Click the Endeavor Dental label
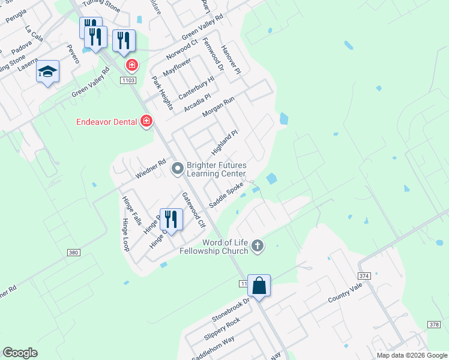pyautogui.click(x=106, y=122)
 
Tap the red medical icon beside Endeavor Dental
pyautogui.click(x=146, y=122)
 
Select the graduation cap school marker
pyautogui.click(x=47, y=72)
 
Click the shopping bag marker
pyautogui.click(x=259, y=286)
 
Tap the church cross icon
pyautogui.click(x=258, y=245)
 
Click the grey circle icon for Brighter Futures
pyautogui.click(x=177, y=169)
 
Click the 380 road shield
pyautogui.click(x=73, y=253)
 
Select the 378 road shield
pyautogui.click(x=434, y=324)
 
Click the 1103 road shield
pyautogui.click(x=128, y=80)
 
